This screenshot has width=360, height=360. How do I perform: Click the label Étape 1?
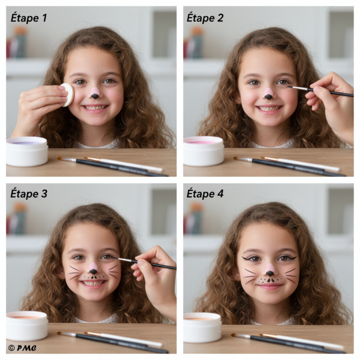coord(29,18)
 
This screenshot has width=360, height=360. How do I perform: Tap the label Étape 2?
coord(205,18)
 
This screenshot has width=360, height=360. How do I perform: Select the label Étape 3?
coord(29,193)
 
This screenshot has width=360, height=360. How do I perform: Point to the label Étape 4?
coord(205,193)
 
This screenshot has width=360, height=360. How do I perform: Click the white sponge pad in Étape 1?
coord(68,95)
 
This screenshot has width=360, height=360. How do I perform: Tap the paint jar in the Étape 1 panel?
coord(27,151)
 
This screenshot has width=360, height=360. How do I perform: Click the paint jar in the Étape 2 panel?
coord(203,151)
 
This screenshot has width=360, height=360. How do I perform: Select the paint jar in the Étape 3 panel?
coord(27,326)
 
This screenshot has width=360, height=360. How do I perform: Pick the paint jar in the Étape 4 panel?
coord(202,327)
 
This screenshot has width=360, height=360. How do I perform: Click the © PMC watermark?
coord(22,348)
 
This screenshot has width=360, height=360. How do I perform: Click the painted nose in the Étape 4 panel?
coord(270,270)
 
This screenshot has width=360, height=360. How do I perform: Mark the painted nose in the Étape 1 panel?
coord(95,93)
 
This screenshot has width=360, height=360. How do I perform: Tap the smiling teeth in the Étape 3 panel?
coord(93,283)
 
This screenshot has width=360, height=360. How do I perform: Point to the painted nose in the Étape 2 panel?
coord(269,94)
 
